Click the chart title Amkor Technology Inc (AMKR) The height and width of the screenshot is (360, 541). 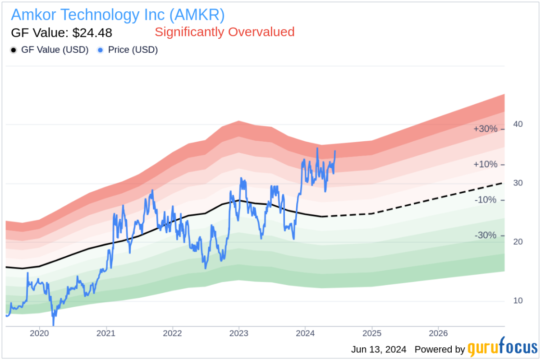pos(118,15)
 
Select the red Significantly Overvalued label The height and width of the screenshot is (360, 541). pos(225,32)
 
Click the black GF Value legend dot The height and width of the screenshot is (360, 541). pos(14,50)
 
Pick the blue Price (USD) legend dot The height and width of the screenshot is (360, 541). pos(101,50)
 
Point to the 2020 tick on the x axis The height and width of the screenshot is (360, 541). pos(39,333)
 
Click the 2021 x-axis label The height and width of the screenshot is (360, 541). pos(106,333)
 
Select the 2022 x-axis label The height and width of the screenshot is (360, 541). pos(172,333)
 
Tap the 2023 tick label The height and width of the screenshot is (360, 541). pos(238,333)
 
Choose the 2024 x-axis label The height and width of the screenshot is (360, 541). pos(305,333)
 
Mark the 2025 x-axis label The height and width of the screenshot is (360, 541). pos(372,333)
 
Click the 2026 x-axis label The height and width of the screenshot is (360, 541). pos(438,333)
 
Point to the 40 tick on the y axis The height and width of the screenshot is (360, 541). pos(518,124)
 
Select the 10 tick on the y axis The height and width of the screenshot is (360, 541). pos(518,300)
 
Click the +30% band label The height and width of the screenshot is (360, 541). pos(485,129)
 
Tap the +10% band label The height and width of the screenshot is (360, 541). pos(485,165)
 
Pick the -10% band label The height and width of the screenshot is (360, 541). pos(485,200)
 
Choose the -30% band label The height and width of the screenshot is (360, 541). pos(485,235)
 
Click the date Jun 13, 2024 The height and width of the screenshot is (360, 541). pos(378,349)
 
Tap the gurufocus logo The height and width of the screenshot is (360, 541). pos(502,349)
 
